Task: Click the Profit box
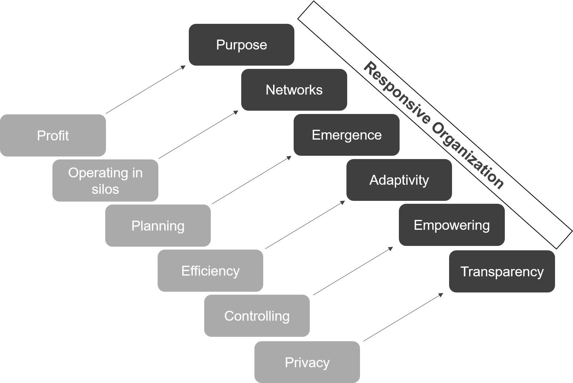[x=53, y=135]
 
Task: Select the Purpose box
[x=241, y=45]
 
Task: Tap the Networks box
[x=294, y=90]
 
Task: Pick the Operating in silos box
[x=105, y=180]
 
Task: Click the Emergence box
[x=346, y=135]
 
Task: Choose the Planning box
[x=158, y=225]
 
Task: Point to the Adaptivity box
[x=399, y=180]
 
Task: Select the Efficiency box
[x=210, y=270]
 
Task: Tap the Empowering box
[x=452, y=225]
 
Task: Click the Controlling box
[x=257, y=316]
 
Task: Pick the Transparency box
[x=502, y=271]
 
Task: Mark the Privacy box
[x=307, y=362]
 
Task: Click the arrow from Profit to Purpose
[x=146, y=90]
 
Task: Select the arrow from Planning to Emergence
[x=251, y=180]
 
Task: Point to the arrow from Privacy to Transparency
[x=403, y=317]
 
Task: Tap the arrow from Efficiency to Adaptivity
[x=305, y=225]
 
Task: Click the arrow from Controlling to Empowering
[x=353, y=271]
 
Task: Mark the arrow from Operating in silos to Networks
[x=198, y=135]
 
